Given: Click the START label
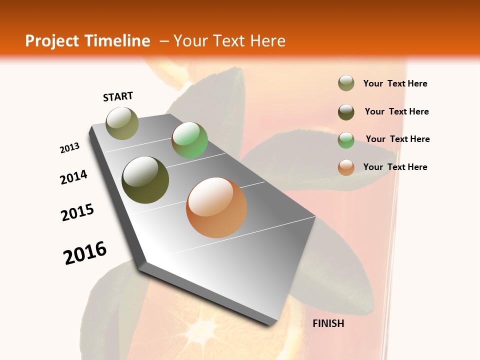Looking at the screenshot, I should tap(118, 96).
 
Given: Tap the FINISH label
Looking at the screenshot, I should tap(328, 323).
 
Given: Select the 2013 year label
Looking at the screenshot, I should tap(69, 148).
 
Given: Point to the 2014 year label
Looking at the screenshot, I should tap(73, 177).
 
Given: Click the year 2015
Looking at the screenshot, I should tap(77, 212).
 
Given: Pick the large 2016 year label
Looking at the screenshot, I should tap(85, 252).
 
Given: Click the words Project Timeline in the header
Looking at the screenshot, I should tap(87, 41).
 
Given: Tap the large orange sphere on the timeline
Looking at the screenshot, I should tap(216, 207).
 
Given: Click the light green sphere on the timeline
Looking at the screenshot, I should tap(189, 140).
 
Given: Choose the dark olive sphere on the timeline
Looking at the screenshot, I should tap(145, 180).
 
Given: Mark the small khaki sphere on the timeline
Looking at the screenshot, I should tap(122, 123).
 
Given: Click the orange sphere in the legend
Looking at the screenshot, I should tap(346, 167).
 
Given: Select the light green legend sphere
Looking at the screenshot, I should tap(346, 139).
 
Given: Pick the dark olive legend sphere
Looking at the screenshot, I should tap(346, 112).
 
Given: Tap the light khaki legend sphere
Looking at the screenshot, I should tap(346, 83).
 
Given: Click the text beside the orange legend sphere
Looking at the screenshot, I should tap(395, 167).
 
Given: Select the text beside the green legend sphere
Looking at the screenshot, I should tap(397, 139).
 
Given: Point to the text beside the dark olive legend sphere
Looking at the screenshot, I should tap(396, 111).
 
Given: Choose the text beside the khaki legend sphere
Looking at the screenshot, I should tap(395, 83).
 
